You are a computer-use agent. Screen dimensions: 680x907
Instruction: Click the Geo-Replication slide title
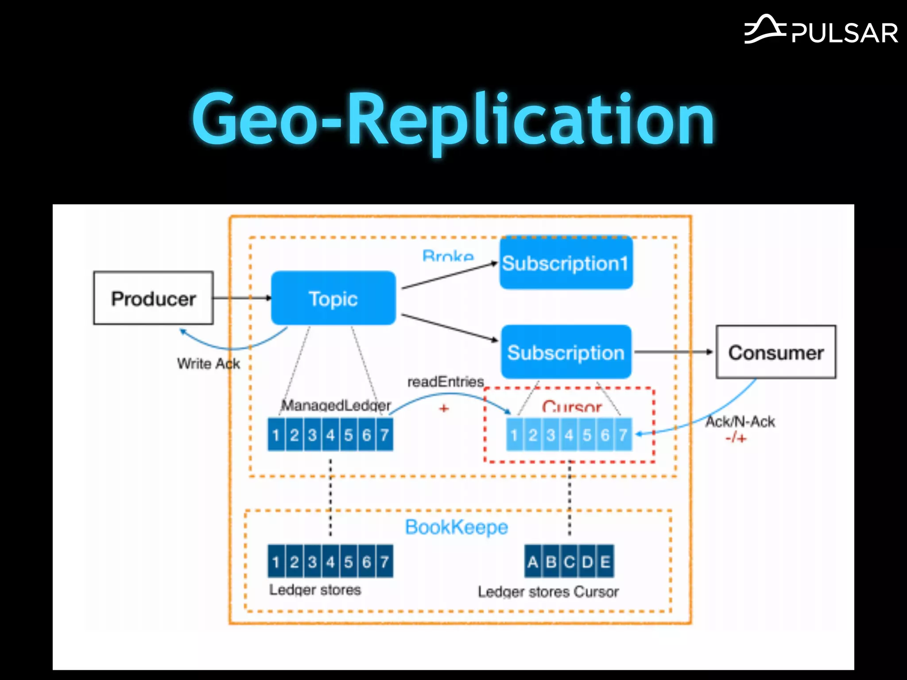(453, 120)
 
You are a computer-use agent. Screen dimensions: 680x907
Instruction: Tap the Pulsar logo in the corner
(821, 31)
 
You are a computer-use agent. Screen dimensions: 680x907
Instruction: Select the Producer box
(153, 298)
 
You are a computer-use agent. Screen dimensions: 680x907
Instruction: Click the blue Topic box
(333, 299)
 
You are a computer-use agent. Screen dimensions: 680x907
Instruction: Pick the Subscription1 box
(566, 263)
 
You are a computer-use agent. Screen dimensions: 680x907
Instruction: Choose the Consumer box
(776, 353)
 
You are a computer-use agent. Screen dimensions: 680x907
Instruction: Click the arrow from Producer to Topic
(242, 298)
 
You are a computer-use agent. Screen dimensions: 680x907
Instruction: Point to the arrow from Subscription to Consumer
(673, 352)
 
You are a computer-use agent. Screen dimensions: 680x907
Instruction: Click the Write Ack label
(208, 364)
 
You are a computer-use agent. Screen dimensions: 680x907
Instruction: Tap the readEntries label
(445, 382)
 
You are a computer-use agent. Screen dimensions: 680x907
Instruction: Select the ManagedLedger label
(336, 405)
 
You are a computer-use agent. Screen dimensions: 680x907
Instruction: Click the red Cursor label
(571, 407)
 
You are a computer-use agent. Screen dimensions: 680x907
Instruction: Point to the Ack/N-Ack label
(740, 422)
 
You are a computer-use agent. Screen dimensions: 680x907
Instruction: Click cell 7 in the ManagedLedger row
(384, 435)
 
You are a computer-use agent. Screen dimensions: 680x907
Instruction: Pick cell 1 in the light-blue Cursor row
(515, 435)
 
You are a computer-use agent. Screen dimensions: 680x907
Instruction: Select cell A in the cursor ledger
(533, 562)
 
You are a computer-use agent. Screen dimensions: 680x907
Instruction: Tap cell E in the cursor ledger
(605, 562)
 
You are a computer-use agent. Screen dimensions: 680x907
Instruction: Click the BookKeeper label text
(456, 527)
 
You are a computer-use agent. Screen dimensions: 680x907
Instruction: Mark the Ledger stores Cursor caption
(548, 592)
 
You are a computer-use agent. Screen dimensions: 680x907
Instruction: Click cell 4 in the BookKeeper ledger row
(330, 562)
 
